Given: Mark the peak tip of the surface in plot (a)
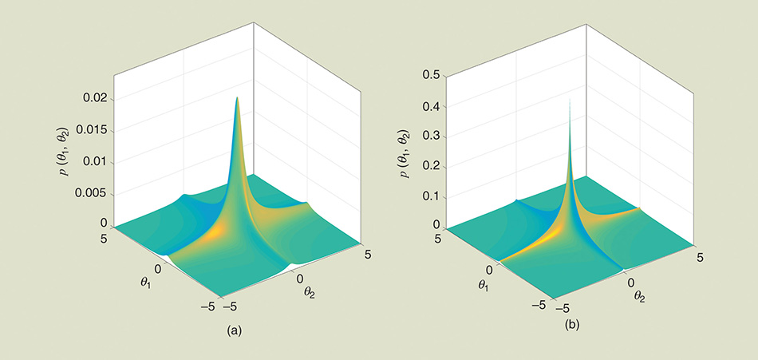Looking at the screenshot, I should [237, 97].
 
